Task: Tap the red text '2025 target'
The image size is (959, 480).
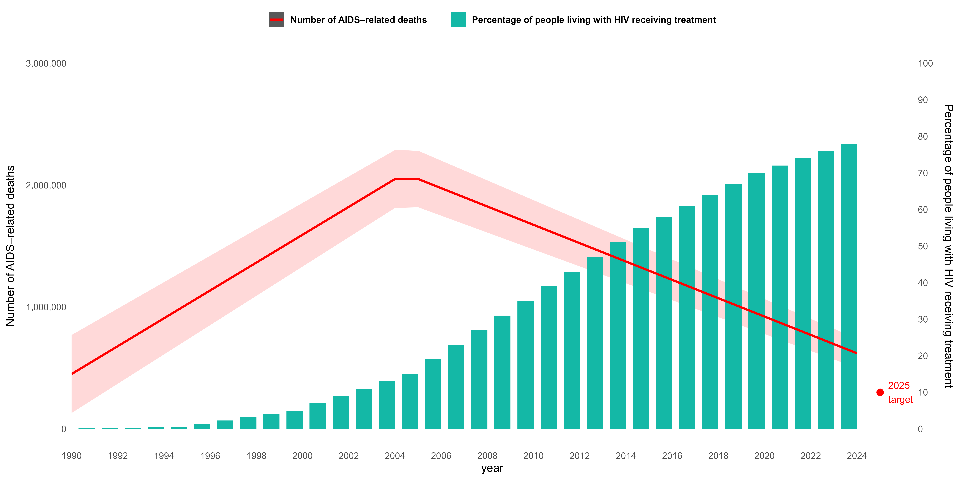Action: [900, 392]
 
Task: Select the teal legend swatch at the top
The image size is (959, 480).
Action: [458, 19]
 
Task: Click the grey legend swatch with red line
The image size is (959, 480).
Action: [276, 19]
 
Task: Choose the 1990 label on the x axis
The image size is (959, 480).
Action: [72, 456]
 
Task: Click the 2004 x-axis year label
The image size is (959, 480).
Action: [395, 456]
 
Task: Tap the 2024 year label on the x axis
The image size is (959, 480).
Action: [857, 456]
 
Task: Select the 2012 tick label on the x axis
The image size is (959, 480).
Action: [579, 456]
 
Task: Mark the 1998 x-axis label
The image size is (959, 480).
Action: [256, 456]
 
